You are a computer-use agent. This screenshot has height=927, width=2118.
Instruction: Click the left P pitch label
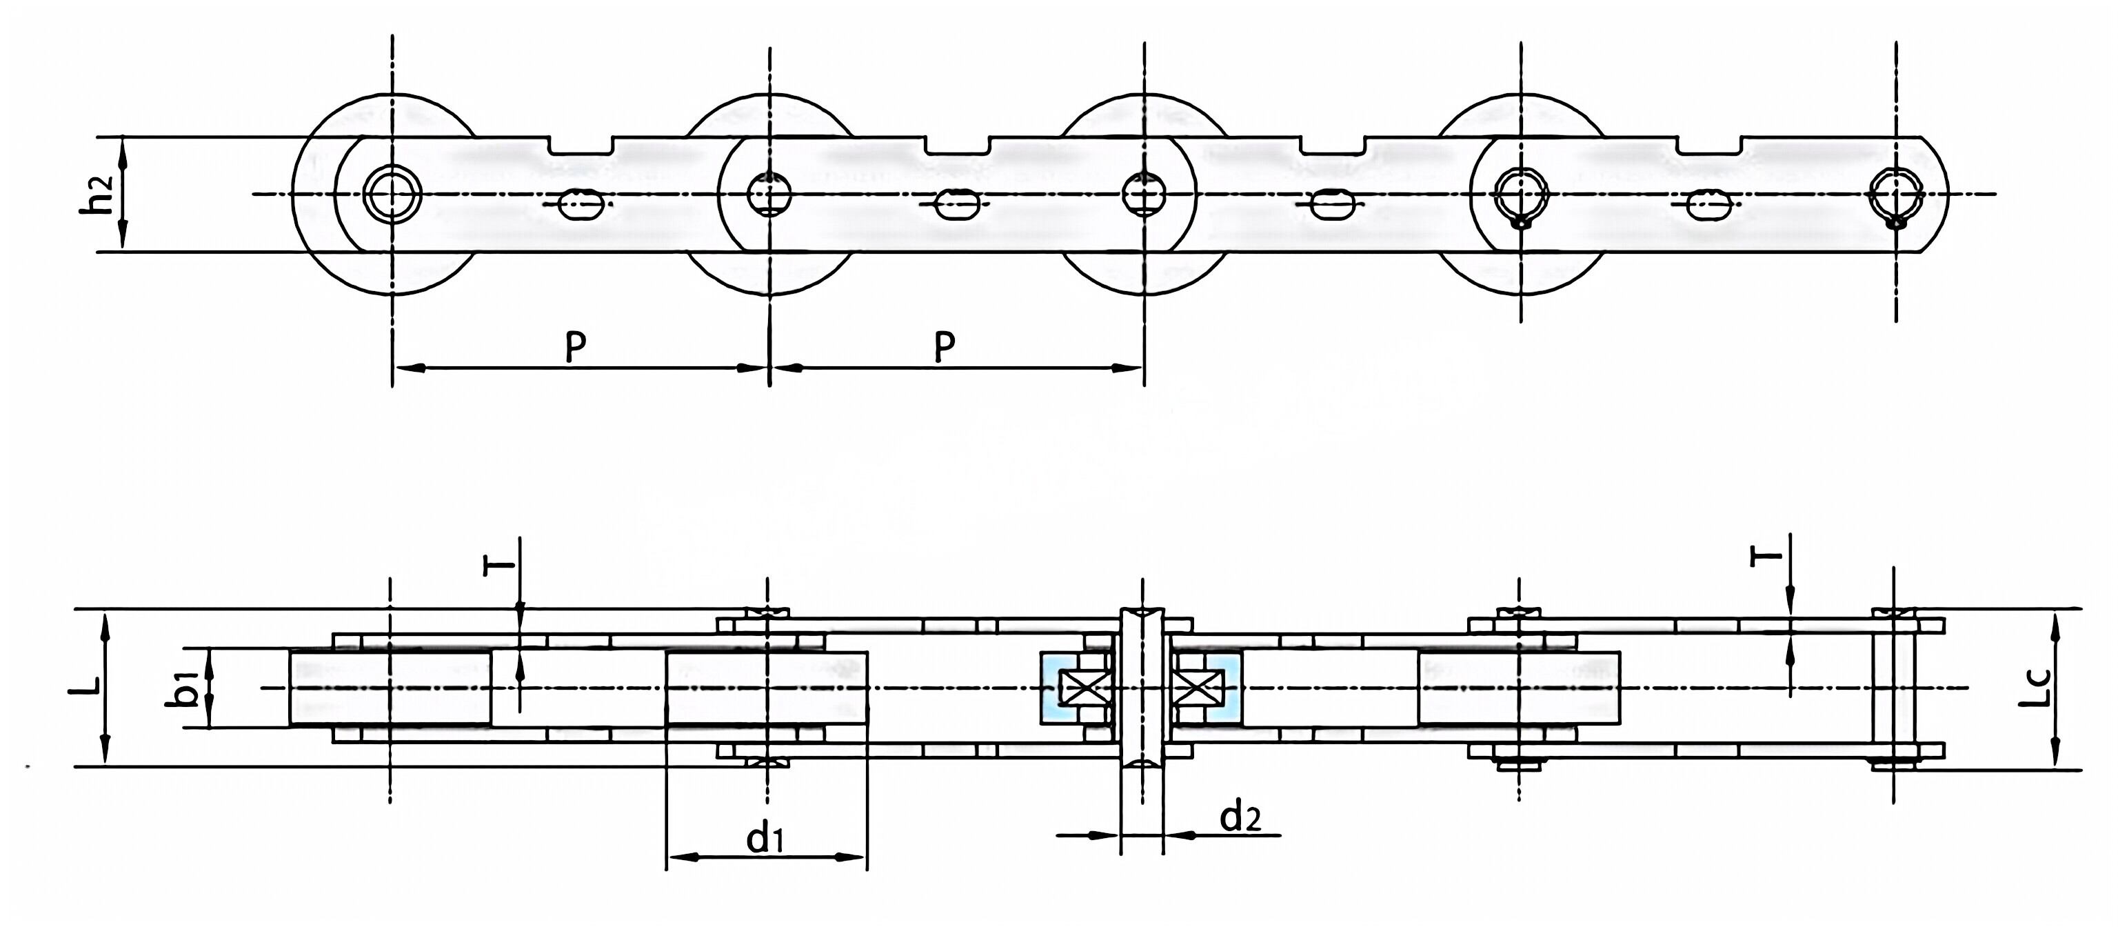576,347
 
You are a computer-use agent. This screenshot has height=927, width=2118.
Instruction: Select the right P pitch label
945,347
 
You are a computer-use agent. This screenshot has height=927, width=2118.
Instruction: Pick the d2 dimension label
1240,817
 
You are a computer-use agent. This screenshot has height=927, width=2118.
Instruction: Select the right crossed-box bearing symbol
1198,688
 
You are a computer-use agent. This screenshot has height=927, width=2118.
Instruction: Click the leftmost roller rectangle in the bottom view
390,688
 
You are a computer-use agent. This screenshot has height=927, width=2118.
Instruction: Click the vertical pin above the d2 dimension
1142,688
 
